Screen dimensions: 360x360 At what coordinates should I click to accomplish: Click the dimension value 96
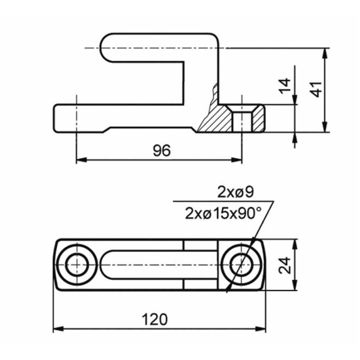coord(162,151)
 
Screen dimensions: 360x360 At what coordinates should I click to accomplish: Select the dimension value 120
coord(155,319)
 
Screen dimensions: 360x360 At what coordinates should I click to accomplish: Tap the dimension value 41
coord(316,89)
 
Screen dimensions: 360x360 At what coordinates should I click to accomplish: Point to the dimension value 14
coord(284,86)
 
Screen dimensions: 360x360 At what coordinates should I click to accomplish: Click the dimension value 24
coord(284,265)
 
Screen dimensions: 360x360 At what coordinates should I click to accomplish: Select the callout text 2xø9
coord(235,192)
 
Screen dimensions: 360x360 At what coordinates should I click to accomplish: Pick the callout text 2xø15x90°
coord(223,213)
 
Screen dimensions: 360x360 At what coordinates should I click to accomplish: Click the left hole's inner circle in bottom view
coord(76,265)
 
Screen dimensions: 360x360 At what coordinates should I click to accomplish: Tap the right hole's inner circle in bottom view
coord(242,265)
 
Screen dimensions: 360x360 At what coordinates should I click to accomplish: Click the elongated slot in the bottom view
coord(158,265)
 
